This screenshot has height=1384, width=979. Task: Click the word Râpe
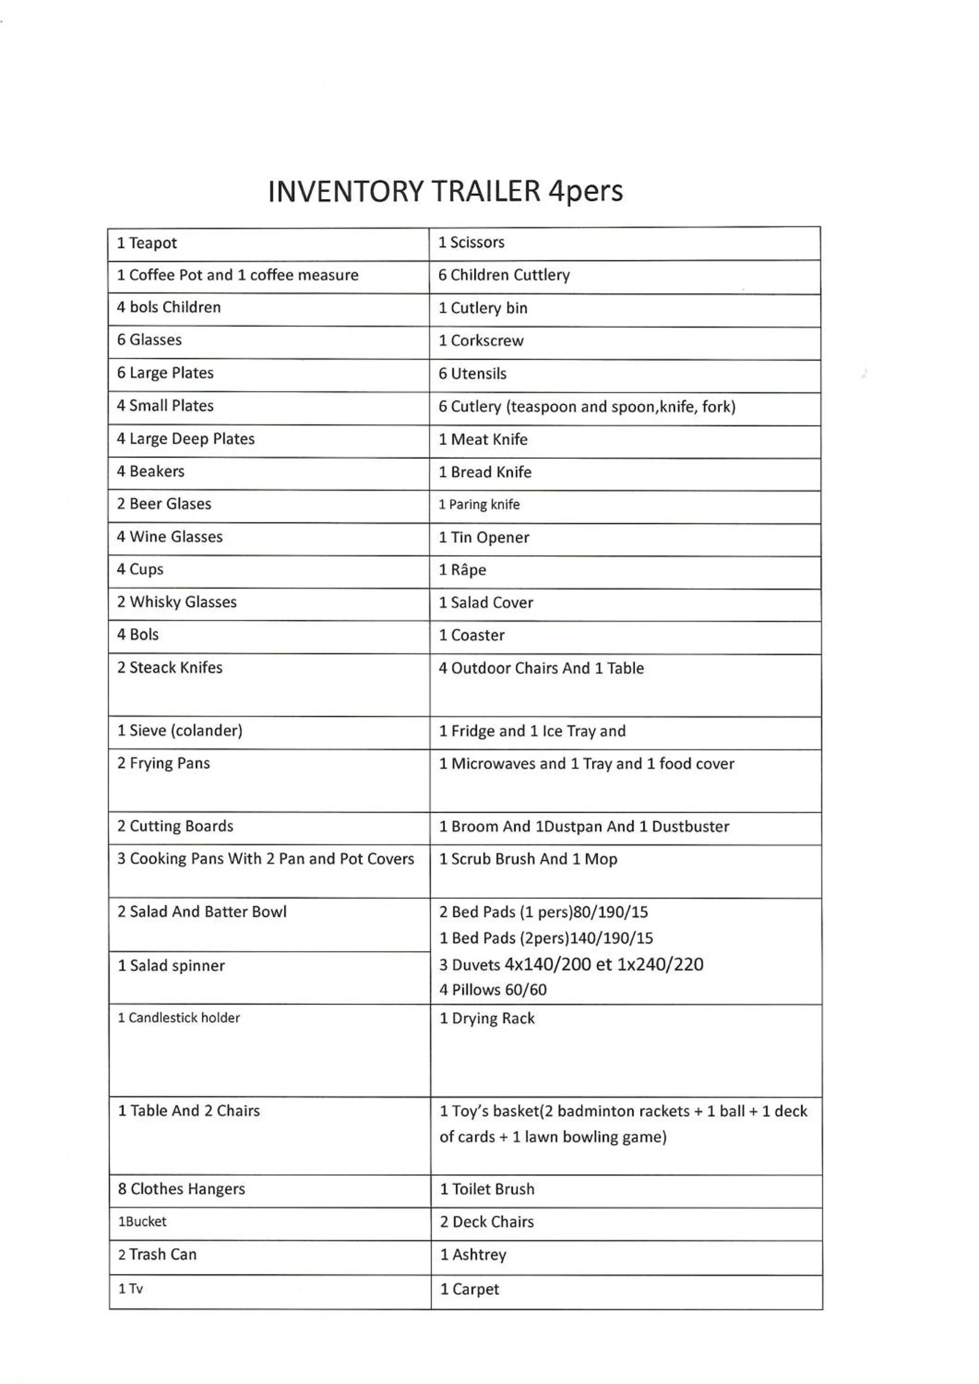click(x=468, y=570)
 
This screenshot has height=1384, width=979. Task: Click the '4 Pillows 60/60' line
click(x=493, y=990)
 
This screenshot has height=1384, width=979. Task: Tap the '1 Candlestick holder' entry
click(x=179, y=1018)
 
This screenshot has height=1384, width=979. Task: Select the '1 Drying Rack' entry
click(x=486, y=1018)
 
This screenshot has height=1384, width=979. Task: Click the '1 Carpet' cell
click(x=469, y=1289)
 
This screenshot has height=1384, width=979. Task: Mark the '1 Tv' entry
click(x=130, y=1289)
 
